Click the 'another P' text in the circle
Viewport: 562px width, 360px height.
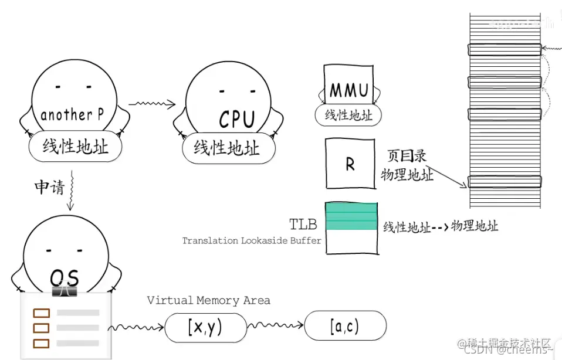72,115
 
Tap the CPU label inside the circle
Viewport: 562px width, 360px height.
237,119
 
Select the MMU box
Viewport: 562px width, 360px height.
349,90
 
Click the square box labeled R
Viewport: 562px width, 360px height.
350,164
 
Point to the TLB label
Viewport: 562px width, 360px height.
303,225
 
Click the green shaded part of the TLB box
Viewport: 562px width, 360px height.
351,216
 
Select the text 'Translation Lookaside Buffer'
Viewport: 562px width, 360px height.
252,240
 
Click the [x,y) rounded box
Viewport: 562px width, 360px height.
205,327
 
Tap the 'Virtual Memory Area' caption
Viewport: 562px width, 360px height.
208,300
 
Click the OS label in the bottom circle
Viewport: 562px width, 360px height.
65,277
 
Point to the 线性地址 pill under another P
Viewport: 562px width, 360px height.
76,146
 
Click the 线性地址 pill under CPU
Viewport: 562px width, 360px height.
227,148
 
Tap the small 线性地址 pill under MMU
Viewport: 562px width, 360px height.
348,116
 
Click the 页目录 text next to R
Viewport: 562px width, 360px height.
406,156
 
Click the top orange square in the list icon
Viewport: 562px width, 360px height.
41,313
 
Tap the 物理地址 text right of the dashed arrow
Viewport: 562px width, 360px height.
475,225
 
